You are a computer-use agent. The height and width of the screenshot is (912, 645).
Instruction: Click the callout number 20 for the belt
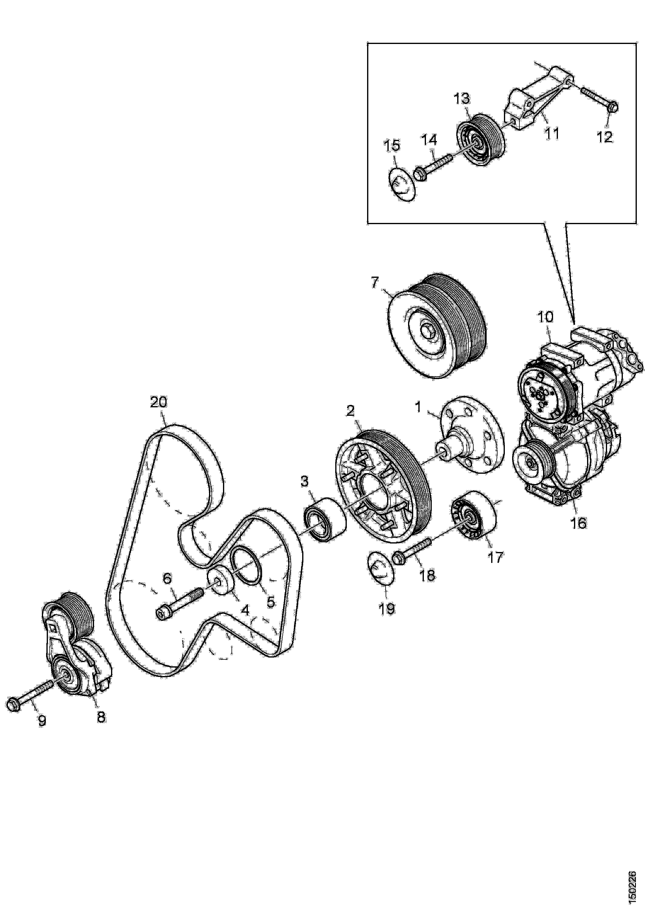click(x=159, y=402)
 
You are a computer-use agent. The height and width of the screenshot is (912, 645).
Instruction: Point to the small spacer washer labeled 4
click(x=220, y=582)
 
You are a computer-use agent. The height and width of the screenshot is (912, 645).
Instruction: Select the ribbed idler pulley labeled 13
click(x=478, y=137)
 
